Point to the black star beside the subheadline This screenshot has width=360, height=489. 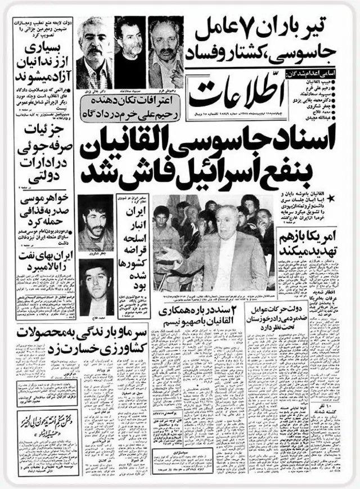click(343, 196)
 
